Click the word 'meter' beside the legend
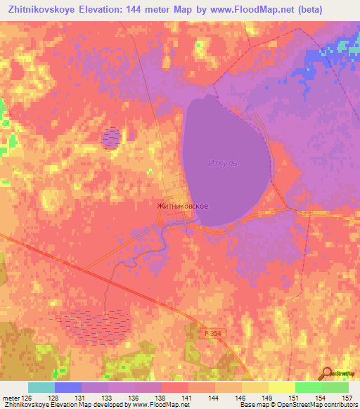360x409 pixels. tap(12, 397)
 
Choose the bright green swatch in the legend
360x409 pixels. tap(308, 387)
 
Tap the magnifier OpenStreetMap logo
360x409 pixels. tap(328, 374)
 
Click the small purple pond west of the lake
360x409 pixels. tap(110, 138)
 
